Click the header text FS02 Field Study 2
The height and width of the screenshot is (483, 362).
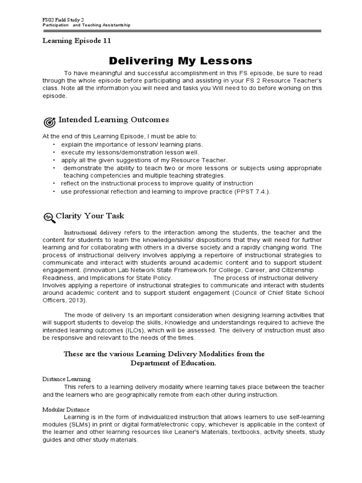[60, 18]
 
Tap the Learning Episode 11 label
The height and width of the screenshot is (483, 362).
[77, 41]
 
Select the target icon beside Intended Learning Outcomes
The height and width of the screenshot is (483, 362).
[49, 122]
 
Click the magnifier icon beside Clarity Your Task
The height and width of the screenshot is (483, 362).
[49, 217]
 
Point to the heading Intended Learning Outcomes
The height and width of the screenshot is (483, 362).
[113, 120]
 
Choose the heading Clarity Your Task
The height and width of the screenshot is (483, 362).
[90, 216]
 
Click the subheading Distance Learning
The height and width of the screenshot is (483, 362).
[66, 379]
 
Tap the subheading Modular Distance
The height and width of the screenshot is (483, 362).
[66, 409]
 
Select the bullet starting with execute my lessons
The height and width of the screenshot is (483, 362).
[130, 152]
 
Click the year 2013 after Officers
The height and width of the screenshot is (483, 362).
[77, 300]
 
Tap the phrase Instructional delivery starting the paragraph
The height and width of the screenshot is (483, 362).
[93, 233]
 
